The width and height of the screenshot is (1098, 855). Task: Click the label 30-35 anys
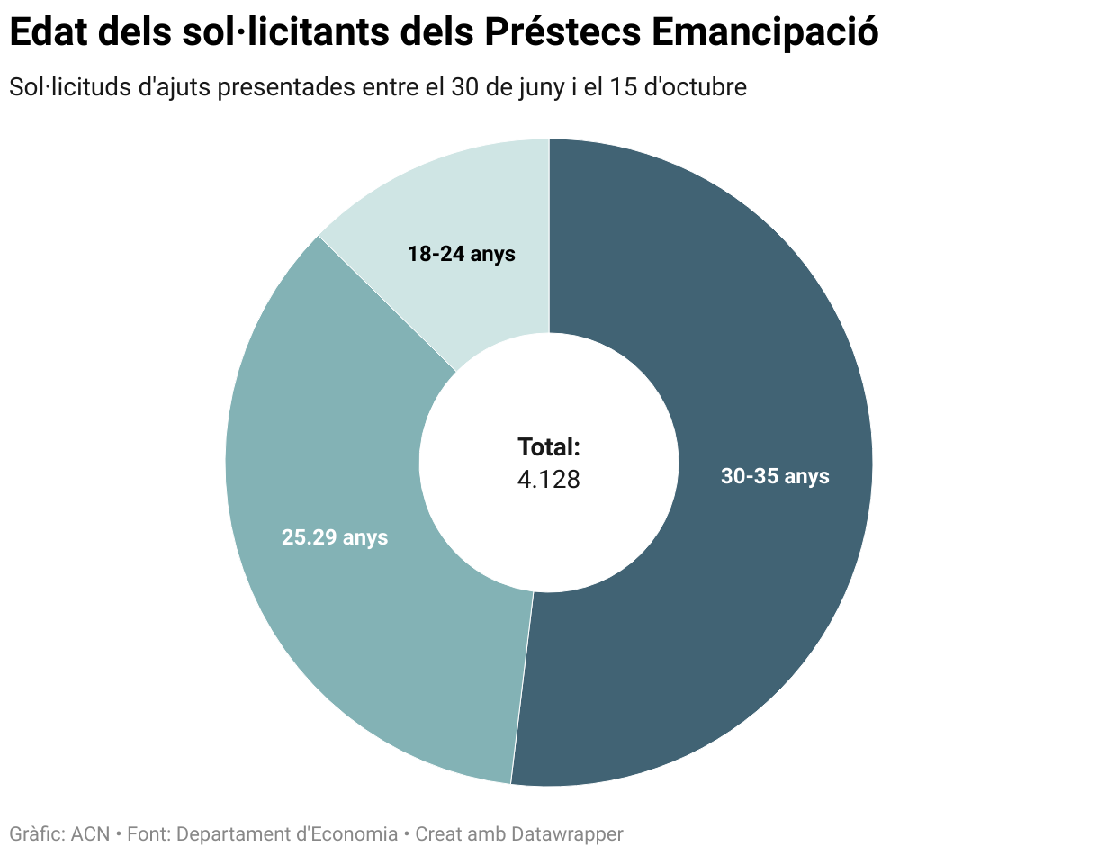775,476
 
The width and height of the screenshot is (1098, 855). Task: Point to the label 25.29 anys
335,537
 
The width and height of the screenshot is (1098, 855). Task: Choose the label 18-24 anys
461,254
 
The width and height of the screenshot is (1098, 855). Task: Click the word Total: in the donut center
549,447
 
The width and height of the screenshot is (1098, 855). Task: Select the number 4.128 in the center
549,480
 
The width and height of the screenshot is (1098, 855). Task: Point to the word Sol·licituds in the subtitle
61,88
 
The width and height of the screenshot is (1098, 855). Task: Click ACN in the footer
90,834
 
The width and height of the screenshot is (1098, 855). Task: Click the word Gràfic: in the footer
37,834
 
